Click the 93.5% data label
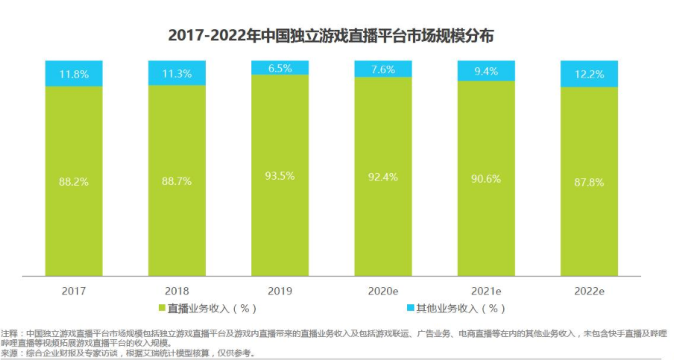(280, 176)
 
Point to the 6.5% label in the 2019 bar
(280, 68)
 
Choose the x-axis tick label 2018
(177, 289)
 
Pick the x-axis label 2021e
(486, 289)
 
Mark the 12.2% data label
(589, 74)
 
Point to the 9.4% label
(486, 72)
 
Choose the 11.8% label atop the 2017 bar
(74, 74)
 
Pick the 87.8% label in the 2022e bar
(589, 182)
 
